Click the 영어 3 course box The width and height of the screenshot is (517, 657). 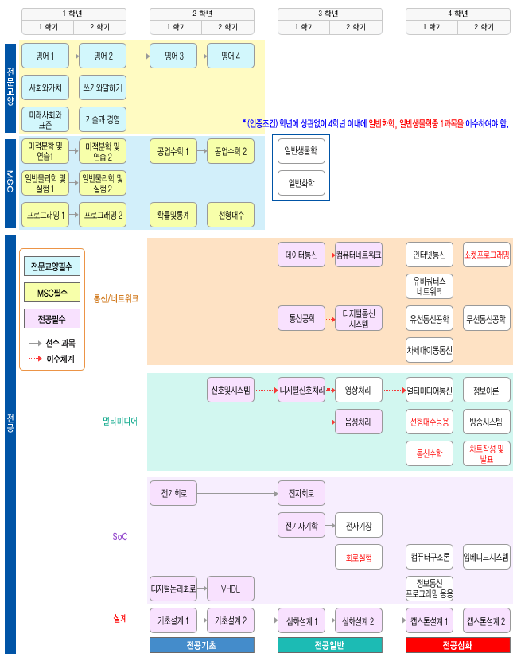(x=173, y=56)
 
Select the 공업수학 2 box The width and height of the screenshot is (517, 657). (x=231, y=151)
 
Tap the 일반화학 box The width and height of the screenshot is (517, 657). (x=300, y=182)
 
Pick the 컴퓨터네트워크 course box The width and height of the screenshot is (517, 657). (x=359, y=255)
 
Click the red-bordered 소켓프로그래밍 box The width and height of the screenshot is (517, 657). (x=487, y=255)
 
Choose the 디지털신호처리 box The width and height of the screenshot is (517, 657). (x=301, y=391)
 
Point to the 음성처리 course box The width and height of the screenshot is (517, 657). (x=359, y=422)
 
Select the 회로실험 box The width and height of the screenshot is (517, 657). (x=359, y=556)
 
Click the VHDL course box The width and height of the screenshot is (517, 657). (x=231, y=589)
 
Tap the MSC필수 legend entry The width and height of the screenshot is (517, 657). (x=52, y=293)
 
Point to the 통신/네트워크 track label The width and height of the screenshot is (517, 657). (x=115, y=299)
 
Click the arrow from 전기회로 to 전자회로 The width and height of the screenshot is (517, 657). (x=239, y=494)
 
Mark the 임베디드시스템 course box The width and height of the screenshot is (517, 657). (x=487, y=556)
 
